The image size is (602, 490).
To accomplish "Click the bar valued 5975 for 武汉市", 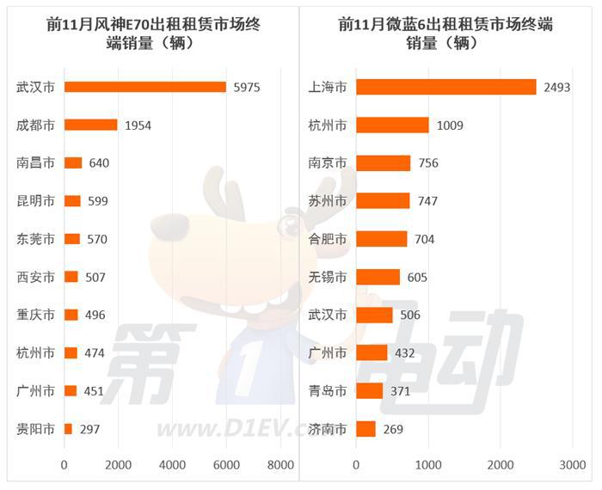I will pos(144,87).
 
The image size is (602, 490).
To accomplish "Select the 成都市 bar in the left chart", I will pos(90,125).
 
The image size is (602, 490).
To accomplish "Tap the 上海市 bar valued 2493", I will pos(445,87).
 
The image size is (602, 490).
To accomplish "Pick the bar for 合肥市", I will pos(381,239).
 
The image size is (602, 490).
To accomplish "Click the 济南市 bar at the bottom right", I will pos(365,428).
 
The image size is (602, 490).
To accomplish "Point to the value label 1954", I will pos(138,126).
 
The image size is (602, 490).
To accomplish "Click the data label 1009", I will pos(449,126).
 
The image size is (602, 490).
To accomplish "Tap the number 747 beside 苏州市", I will pos(427,201).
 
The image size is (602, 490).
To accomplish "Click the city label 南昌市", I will pos(35,162).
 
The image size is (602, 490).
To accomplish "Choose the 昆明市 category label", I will pos(35,201).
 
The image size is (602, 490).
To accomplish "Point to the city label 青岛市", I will pos(328,390).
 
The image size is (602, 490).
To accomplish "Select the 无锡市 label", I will pos(328,277).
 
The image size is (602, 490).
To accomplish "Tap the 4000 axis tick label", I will pos(172,465).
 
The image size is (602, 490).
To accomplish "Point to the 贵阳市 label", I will pos(35,428).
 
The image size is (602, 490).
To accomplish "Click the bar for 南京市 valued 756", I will pos(383,163).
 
